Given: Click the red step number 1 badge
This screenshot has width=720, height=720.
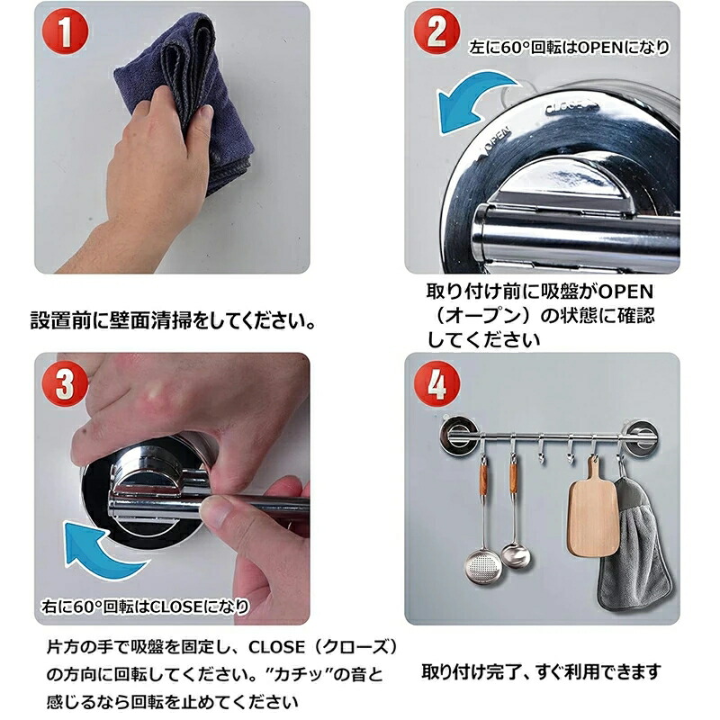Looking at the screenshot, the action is coord(65,31).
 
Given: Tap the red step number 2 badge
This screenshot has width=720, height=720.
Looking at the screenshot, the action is coord(436,31).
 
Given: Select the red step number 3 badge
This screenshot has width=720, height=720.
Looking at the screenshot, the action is coord(65,383).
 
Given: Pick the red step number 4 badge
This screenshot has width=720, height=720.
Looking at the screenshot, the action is coord(436,383).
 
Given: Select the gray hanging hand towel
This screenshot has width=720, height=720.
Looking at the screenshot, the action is coord(634,546).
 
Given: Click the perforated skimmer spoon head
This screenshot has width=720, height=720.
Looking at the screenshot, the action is coord(480,568).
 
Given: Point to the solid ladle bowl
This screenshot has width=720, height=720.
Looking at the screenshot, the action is coord(515,555).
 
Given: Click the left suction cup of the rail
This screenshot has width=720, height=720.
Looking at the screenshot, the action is coord(458,436).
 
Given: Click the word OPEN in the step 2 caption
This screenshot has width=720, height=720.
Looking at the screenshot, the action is coord(625,292).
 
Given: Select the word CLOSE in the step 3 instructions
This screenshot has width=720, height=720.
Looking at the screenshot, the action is coord(277,647).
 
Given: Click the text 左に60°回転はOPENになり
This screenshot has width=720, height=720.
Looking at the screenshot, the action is coord(569,48).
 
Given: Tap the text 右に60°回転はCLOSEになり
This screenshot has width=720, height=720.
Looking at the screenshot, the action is coord(145,607).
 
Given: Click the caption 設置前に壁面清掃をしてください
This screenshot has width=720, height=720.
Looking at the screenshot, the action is coord(173,320).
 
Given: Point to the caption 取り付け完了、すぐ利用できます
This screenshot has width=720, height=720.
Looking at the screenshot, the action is coord(541,671).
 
